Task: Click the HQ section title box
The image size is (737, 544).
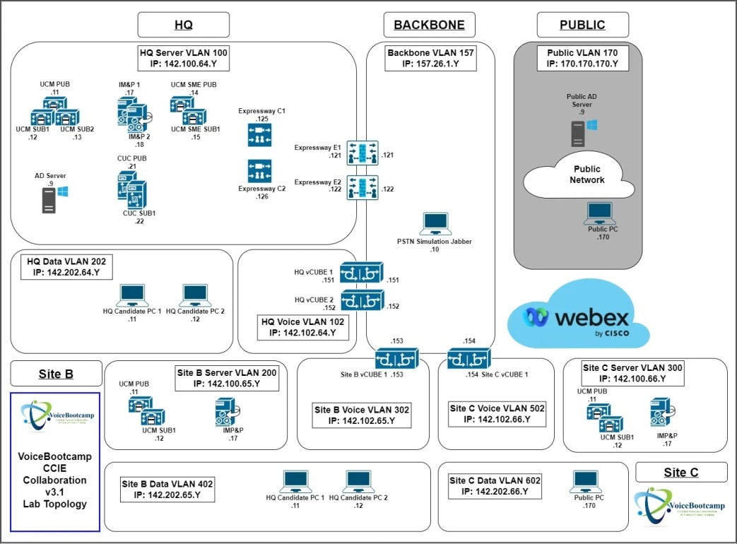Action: [x=183, y=25]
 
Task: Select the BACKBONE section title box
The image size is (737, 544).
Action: [x=429, y=25]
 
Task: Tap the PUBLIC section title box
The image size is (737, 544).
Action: [x=582, y=25]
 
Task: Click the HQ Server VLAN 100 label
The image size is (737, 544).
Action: [x=184, y=58]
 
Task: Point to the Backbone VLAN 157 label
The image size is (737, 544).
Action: [x=430, y=58]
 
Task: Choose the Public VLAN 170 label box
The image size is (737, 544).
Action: [x=582, y=58]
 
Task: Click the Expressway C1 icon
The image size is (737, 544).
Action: [x=259, y=136]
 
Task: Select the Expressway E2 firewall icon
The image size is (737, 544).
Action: [x=362, y=187]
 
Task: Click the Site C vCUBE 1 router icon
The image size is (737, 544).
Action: [x=467, y=360]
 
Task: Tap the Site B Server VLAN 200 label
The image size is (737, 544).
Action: [x=227, y=378]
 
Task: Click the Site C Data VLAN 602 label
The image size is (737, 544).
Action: [x=495, y=486]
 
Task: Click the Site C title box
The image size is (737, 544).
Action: [x=681, y=472]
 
